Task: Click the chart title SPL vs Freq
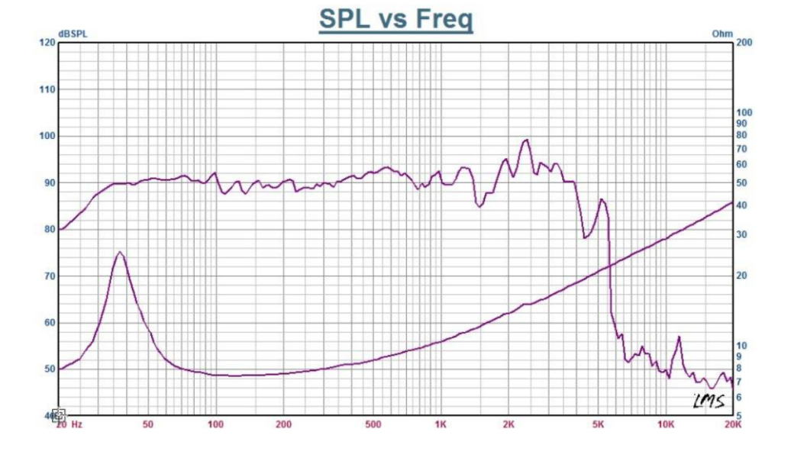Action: (395, 18)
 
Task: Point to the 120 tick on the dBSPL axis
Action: (47, 43)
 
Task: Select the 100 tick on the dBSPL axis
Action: (47, 136)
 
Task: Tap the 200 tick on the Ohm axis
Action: (744, 43)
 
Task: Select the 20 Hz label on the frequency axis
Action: (70, 424)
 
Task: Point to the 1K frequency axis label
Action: (441, 424)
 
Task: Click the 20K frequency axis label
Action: (733, 424)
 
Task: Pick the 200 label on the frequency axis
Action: (284, 424)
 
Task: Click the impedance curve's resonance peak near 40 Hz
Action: (120, 252)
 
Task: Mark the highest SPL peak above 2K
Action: (525, 140)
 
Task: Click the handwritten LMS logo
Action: (708, 400)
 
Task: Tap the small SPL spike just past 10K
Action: (678, 337)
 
